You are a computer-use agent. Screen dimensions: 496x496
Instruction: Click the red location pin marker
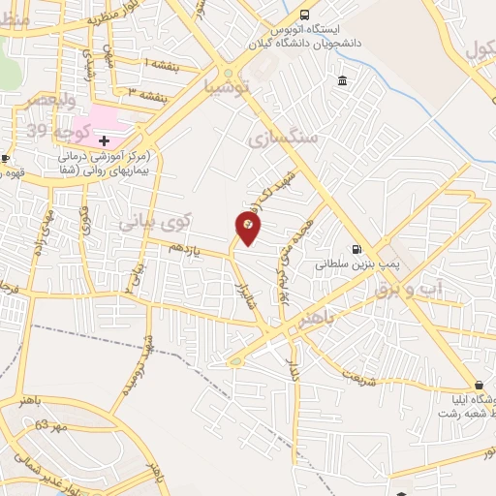[248, 227]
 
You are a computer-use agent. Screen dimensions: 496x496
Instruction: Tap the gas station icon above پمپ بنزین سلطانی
[358, 247]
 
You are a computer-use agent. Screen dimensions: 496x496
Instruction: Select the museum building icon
[344, 79]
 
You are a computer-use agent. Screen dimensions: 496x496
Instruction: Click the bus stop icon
[305, 15]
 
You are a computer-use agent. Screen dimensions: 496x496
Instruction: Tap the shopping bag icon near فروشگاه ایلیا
[479, 384]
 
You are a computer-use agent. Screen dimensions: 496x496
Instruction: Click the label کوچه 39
[72, 130]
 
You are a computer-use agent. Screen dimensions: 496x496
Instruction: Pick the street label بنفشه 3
[145, 93]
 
